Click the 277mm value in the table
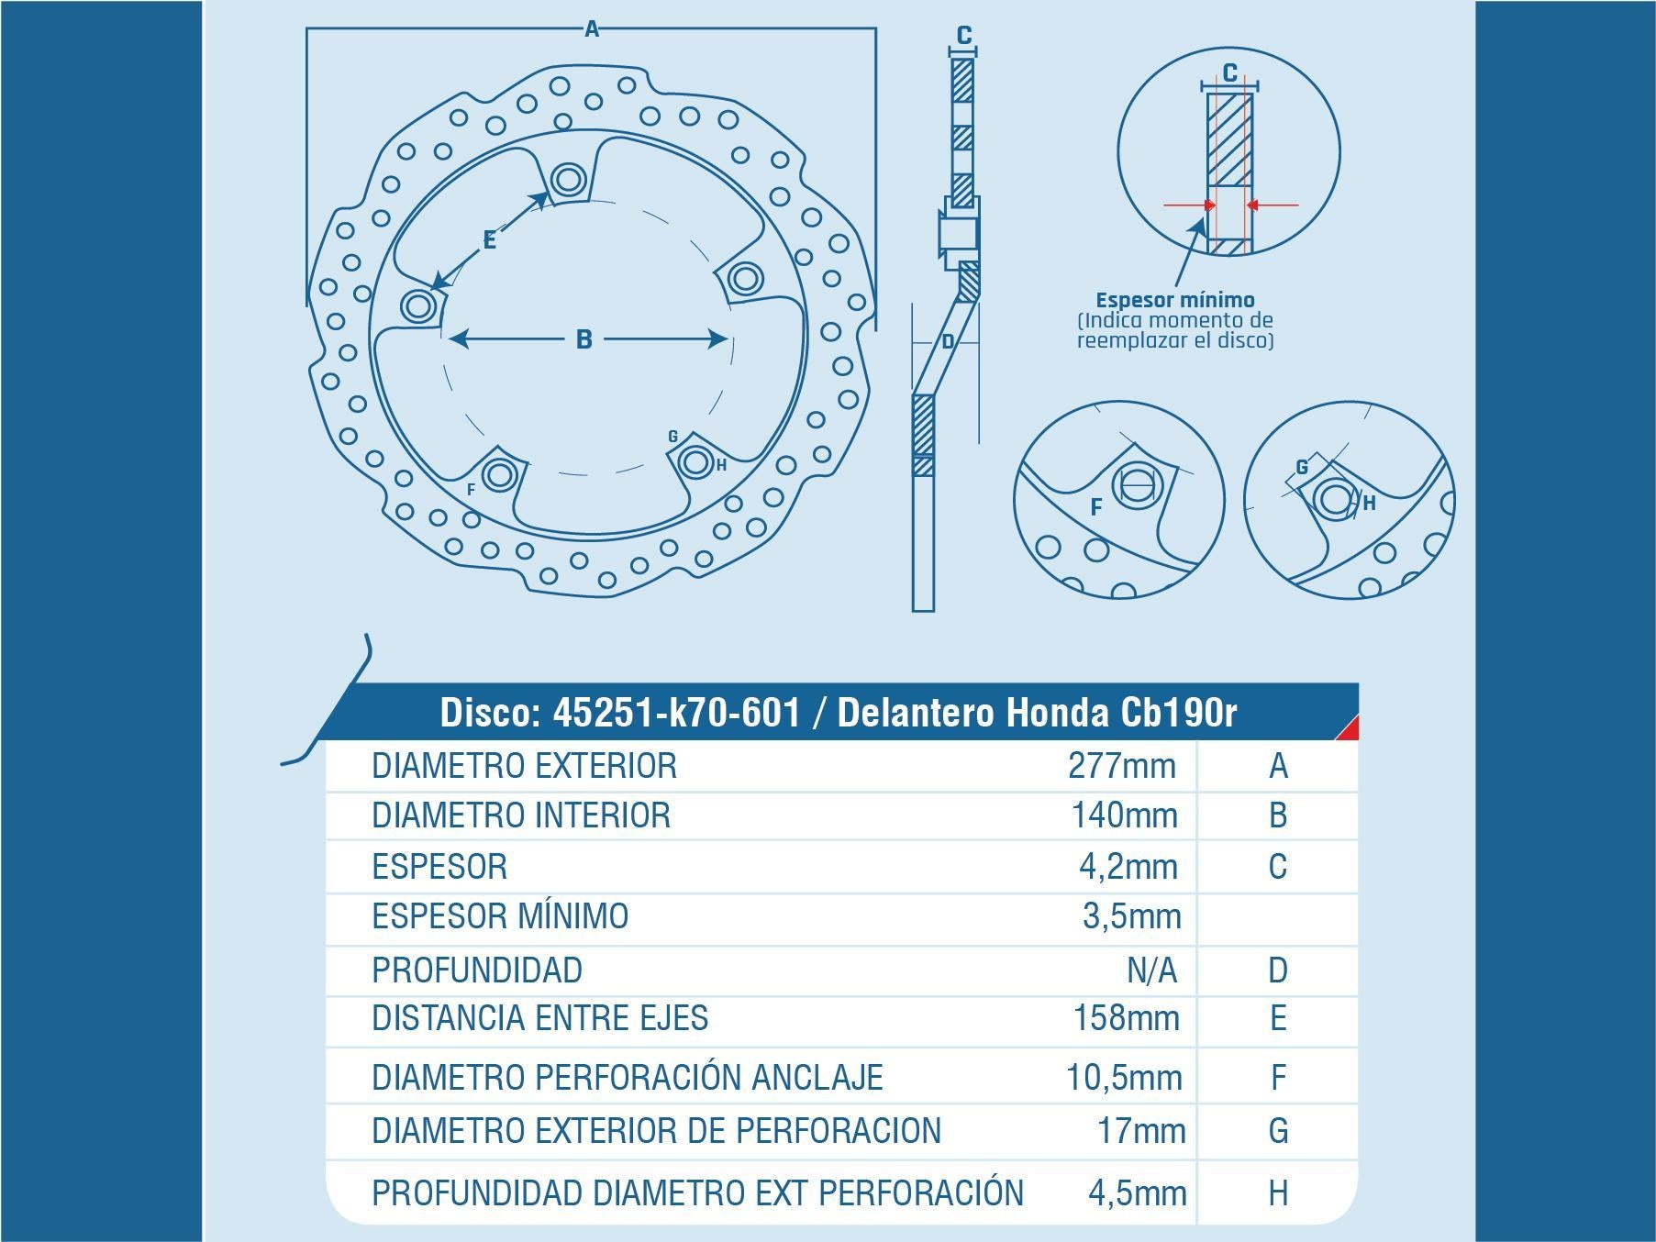click(x=1121, y=765)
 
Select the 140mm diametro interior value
click(x=1124, y=815)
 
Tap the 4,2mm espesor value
click(x=1128, y=866)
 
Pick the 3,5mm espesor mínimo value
click(x=1131, y=916)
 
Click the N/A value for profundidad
click(x=1150, y=970)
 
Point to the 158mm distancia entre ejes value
click(x=1127, y=1018)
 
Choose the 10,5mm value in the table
click(x=1124, y=1077)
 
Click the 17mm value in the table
click(x=1141, y=1131)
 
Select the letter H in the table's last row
click(x=1278, y=1192)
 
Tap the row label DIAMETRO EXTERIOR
click(x=524, y=765)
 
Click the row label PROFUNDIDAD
click(x=477, y=970)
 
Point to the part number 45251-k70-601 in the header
click(x=676, y=713)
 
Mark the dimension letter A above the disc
click(x=592, y=29)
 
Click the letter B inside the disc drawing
click(x=583, y=339)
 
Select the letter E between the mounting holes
click(x=489, y=240)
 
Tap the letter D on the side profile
click(x=949, y=342)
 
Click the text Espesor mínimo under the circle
click(x=1175, y=300)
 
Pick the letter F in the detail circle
click(x=1095, y=506)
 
